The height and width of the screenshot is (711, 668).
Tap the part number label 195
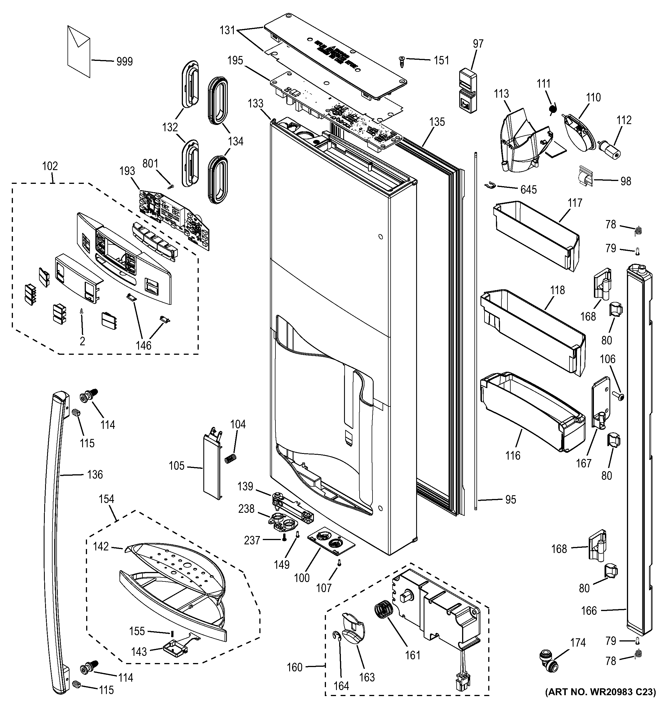[235, 60]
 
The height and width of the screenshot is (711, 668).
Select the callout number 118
[558, 290]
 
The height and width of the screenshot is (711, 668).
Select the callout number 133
[255, 104]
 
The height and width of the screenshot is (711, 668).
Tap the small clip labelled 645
[489, 185]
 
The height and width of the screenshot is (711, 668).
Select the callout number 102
[50, 166]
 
